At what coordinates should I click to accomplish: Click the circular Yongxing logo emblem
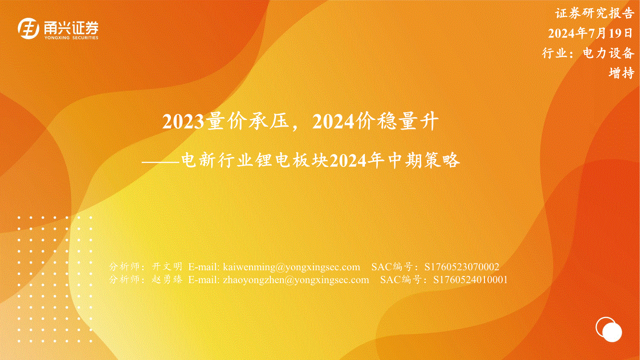click(x=28, y=28)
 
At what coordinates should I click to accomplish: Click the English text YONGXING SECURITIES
click(x=71, y=37)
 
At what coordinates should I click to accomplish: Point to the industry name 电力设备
click(x=609, y=53)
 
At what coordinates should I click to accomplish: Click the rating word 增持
click(x=621, y=73)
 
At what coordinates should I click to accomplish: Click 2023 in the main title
click(x=183, y=122)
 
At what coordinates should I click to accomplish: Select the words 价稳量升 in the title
click(x=397, y=122)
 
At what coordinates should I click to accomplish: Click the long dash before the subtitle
click(x=161, y=162)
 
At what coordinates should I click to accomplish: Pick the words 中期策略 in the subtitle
click(x=424, y=160)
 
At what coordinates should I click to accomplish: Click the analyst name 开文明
click(x=167, y=266)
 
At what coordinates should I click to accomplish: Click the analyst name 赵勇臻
click(x=167, y=279)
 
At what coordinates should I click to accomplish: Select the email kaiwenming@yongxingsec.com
click(x=291, y=267)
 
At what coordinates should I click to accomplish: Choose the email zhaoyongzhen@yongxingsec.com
click(x=296, y=279)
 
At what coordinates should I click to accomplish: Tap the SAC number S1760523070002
click(x=462, y=267)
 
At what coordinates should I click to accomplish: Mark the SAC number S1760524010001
click(x=471, y=279)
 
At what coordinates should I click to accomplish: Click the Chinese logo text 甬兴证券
click(x=71, y=27)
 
